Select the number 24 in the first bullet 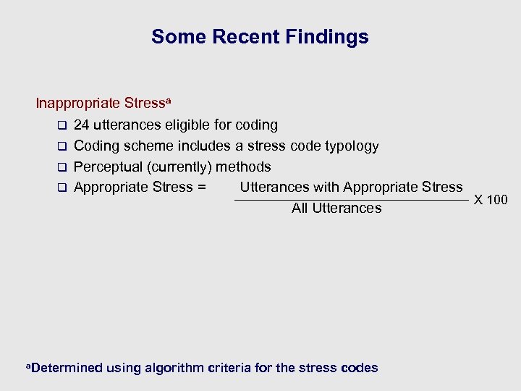82,125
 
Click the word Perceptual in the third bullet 109,167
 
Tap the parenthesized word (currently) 179,167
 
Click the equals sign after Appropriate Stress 201,188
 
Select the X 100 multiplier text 491,200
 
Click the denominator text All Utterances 336,209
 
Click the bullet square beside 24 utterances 62,126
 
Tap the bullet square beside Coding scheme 62,147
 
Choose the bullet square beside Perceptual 62,168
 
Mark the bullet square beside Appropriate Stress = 62,188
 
